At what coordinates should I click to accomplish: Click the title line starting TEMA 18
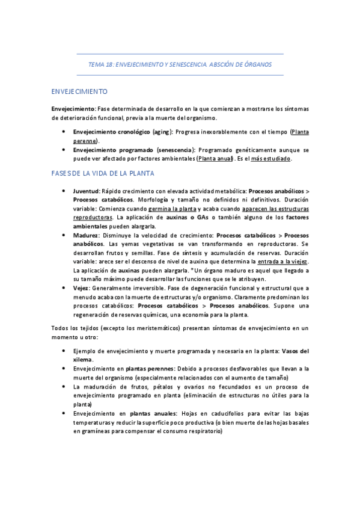(180, 64)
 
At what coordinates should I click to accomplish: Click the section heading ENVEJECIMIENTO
(79, 91)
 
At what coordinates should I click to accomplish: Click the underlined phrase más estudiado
(271, 158)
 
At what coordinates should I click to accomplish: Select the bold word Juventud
(87, 190)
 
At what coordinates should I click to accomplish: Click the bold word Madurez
(85, 235)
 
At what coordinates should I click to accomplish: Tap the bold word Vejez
(82, 288)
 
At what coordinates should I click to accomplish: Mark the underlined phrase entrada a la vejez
(282, 262)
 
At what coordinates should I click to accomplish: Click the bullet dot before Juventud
(64, 190)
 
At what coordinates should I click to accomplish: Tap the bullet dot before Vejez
(64, 288)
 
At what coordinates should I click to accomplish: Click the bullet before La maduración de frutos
(64, 386)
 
